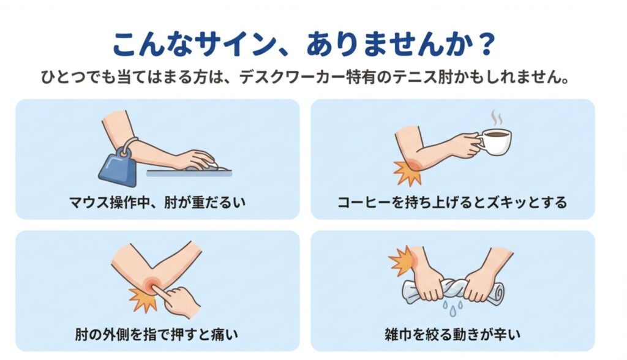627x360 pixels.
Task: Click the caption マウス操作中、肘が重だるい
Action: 157,201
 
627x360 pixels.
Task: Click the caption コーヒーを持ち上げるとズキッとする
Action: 452,201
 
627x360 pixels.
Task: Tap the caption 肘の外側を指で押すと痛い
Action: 157,334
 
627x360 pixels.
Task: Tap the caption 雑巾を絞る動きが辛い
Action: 452,334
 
